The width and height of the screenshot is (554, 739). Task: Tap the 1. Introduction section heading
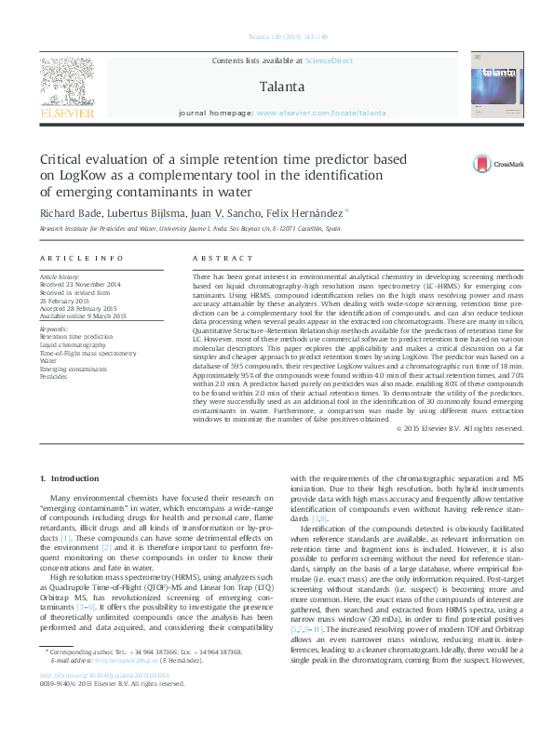(x=71, y=478)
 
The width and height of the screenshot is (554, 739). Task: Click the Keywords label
(x=54, y=329)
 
